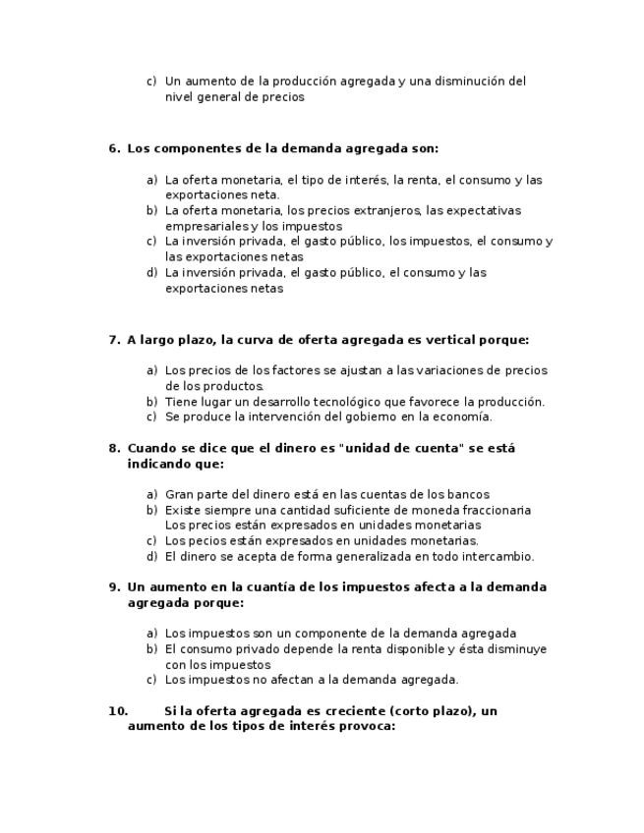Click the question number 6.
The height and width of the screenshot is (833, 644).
(x=114, y=149)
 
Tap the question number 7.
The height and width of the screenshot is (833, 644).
(x=114, y=340)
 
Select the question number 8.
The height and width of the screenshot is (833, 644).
(x=114, y=448)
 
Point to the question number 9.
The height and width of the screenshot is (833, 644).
(x=114, y=587)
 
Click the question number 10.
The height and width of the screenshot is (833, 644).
(x=118, y=711)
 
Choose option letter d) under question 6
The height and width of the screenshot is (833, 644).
(x=151, y=273)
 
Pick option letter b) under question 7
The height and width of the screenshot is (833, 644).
(x=151, y=402)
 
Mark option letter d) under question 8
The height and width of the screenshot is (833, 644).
(x=151, y=557)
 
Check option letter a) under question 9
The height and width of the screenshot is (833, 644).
(x=151, y=634)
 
